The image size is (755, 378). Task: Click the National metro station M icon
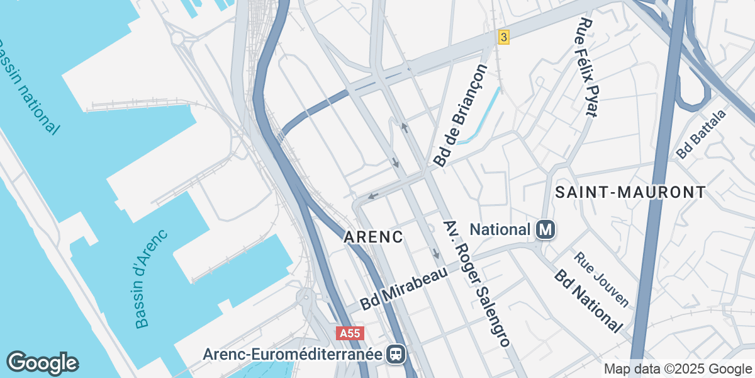point(545,230)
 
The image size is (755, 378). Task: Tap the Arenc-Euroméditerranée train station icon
point(396,354)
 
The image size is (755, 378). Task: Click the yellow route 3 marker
point(503,37)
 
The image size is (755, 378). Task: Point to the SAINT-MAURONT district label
point(630,192)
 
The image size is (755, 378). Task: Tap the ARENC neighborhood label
point(373,238)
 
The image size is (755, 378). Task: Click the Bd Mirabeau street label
point(403,289)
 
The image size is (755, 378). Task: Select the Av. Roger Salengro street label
point(476,284)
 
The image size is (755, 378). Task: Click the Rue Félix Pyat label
point(587,68)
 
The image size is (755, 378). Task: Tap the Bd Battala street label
point(701,134)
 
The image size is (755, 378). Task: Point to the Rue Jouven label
point(601,279)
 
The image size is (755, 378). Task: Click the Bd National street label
point(588,302)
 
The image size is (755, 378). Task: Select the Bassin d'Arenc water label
point(150,278)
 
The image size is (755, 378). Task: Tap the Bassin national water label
point(28,86)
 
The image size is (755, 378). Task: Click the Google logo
point(42,363)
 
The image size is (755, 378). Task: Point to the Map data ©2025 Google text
point(677,369)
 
